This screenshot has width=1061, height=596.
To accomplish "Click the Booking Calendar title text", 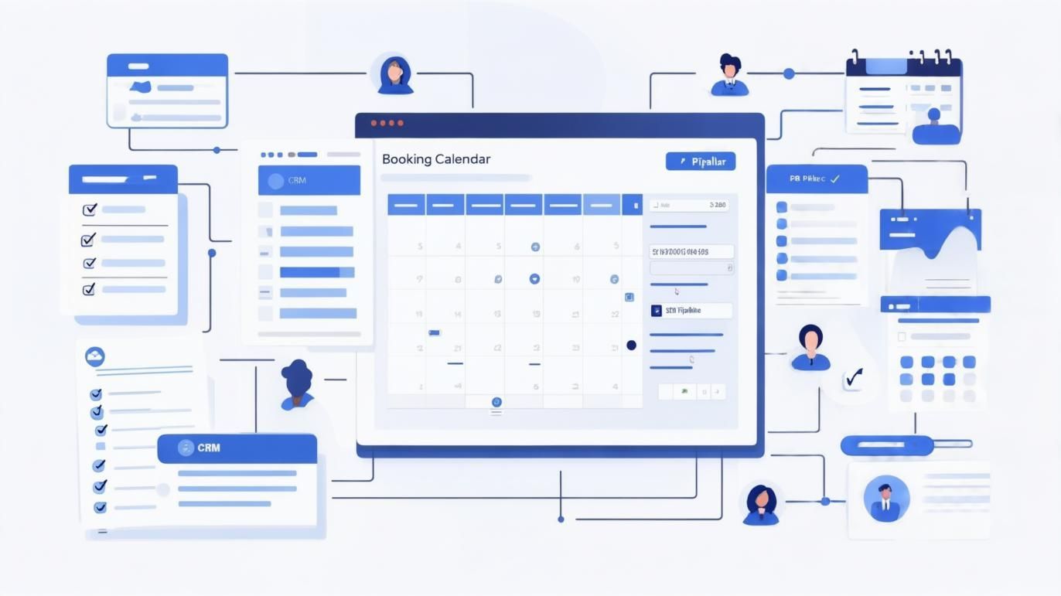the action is point(436,159).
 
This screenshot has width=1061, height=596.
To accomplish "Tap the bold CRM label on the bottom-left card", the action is point(208,448).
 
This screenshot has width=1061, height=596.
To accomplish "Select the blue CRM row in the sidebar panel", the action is point(309,180).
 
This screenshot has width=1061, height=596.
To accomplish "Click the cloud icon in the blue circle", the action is point(95,356).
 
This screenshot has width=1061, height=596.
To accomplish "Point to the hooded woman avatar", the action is point(395,75).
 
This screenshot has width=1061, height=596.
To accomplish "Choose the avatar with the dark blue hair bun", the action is point(297,383).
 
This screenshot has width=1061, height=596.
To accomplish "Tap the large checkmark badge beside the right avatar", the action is point(854,378).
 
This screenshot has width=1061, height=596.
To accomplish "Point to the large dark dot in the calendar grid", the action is point(631,345).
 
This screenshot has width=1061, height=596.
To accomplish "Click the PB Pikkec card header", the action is point(816,179).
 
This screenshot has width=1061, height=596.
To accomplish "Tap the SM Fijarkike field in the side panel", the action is point(691,311).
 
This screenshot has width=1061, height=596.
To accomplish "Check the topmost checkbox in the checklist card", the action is point(89,209).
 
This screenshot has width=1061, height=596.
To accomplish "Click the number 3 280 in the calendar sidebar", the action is point(717,206).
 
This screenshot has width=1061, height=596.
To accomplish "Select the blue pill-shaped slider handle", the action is point(887,445).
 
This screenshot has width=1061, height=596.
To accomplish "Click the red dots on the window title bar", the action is point(387,123).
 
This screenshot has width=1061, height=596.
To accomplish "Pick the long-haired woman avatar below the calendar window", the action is point(761,504).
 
